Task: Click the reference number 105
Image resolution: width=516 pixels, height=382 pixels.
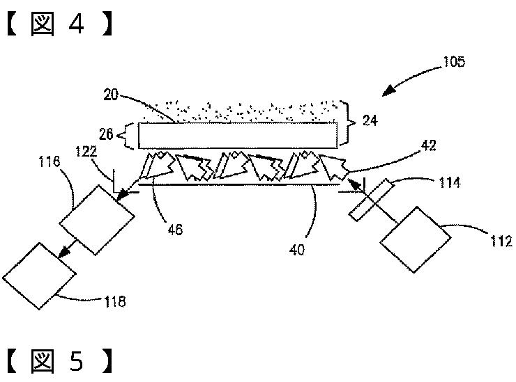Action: pyautogui.click(x=453, y=63)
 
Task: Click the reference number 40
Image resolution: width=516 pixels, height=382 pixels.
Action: pyautogui.click(x=298, y=249)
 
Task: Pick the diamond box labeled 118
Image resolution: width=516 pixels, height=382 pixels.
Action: pyautogui.click(x=39, y=276)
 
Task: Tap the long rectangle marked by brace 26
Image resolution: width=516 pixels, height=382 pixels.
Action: pyautogui.click(x=236, y=135)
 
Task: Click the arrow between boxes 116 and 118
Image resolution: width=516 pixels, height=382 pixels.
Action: pyautogui.click(x=67, y=248)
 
